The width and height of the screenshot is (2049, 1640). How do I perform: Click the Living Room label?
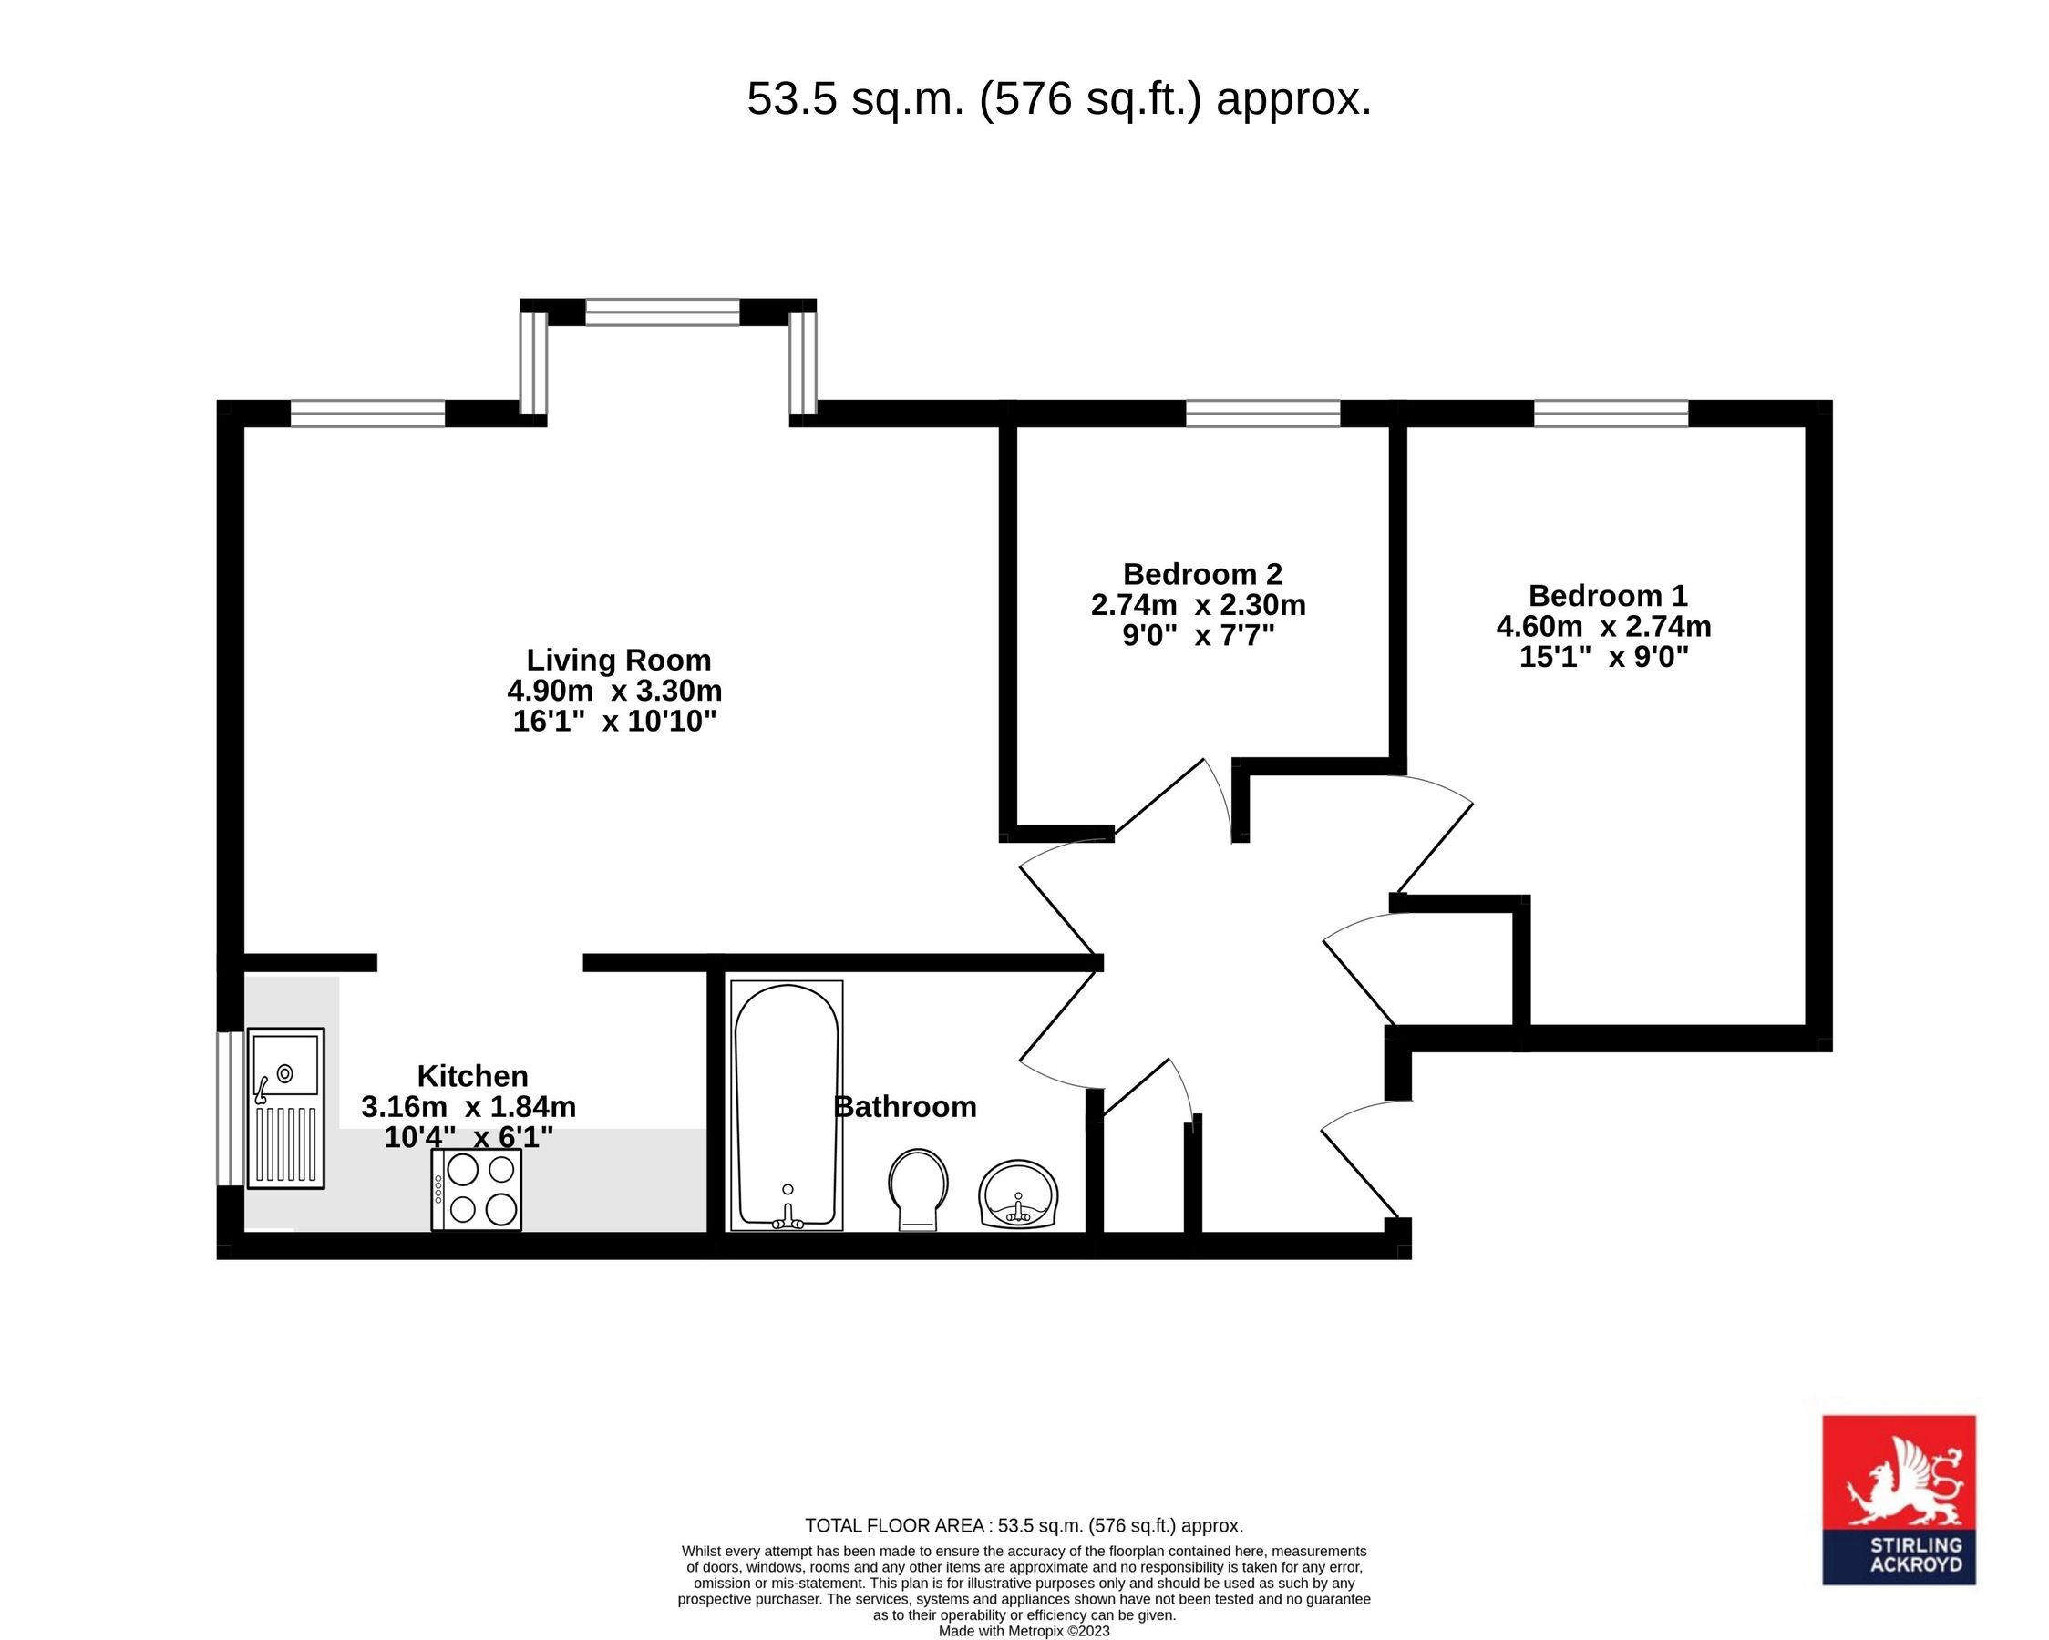click(619, 661)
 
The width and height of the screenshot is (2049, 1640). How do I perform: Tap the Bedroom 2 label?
click(1202, 574)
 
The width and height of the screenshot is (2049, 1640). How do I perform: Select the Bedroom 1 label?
click(1607, 596)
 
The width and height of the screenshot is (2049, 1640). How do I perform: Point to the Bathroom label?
click(904, 1106)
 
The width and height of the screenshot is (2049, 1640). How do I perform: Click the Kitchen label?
click(472, 1076)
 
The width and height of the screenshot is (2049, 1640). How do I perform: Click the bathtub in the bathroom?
click(786, 1104)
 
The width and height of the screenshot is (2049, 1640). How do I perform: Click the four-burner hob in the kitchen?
click(476, 1190)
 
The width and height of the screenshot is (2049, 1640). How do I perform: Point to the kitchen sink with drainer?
click(286, 1107)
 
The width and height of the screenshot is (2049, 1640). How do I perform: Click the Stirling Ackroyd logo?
click(1899, 1500)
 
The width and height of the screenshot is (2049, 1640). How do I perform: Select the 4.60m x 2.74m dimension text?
click(1603, 626)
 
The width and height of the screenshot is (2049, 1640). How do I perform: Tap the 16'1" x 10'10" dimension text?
click(614, 722)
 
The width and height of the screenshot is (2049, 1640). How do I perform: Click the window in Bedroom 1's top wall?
click(1611, 414)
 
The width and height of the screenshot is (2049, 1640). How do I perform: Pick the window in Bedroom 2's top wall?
click(1262, 414)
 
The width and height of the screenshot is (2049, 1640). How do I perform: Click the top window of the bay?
click(662, 312)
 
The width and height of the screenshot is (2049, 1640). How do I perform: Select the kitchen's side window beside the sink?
click(230, 1108)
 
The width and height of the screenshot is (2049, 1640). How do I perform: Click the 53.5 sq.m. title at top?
click(1059, 98)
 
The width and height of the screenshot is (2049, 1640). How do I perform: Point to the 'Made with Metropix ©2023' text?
click(1024, 1631)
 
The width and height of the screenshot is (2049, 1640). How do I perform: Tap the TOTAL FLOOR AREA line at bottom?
click(1024, 1526)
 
